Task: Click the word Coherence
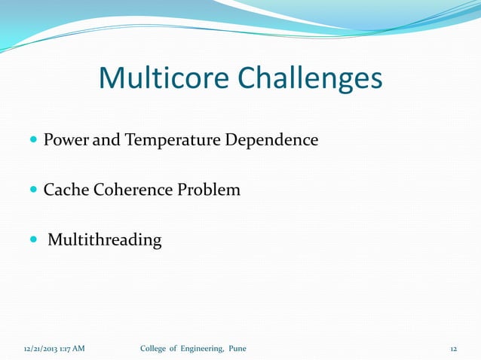133,190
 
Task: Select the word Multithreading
105,240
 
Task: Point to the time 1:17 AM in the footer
74,349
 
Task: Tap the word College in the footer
155,348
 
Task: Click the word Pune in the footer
237,348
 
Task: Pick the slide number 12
454,349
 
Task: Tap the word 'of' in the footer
177,348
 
